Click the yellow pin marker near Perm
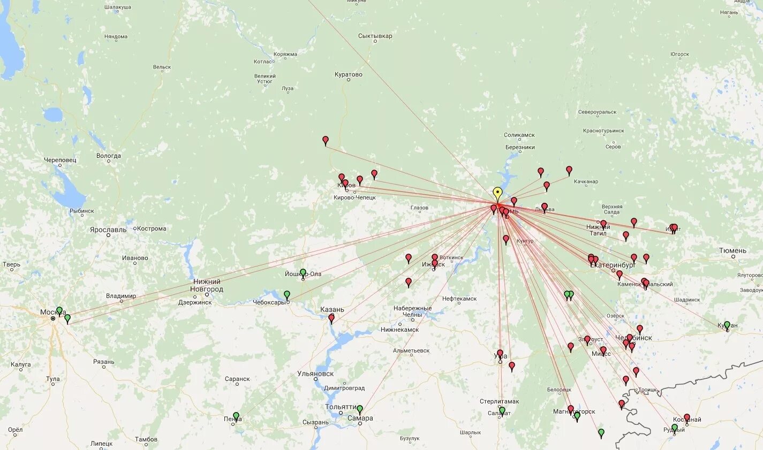coord(497,193)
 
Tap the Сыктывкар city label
coord(375,36)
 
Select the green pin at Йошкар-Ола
coord(303,273)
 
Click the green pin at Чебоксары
coord(287,295)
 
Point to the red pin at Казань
coord(331,318)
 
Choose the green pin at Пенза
coord(236,416)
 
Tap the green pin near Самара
coord(360,409)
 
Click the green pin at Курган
coord(727,325)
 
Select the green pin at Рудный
coord(675,428)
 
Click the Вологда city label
coord(109,156)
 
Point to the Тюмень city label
coord(732,250)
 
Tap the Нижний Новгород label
coord(207,285)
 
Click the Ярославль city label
coord(109,230)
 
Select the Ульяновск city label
coord(315,374)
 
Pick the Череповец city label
coord(61,160)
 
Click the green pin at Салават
coord(502,410)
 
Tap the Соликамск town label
coord(519,135)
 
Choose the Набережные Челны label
coord(412,311)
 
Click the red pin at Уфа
coord(500,354)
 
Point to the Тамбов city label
coord(146,439)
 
